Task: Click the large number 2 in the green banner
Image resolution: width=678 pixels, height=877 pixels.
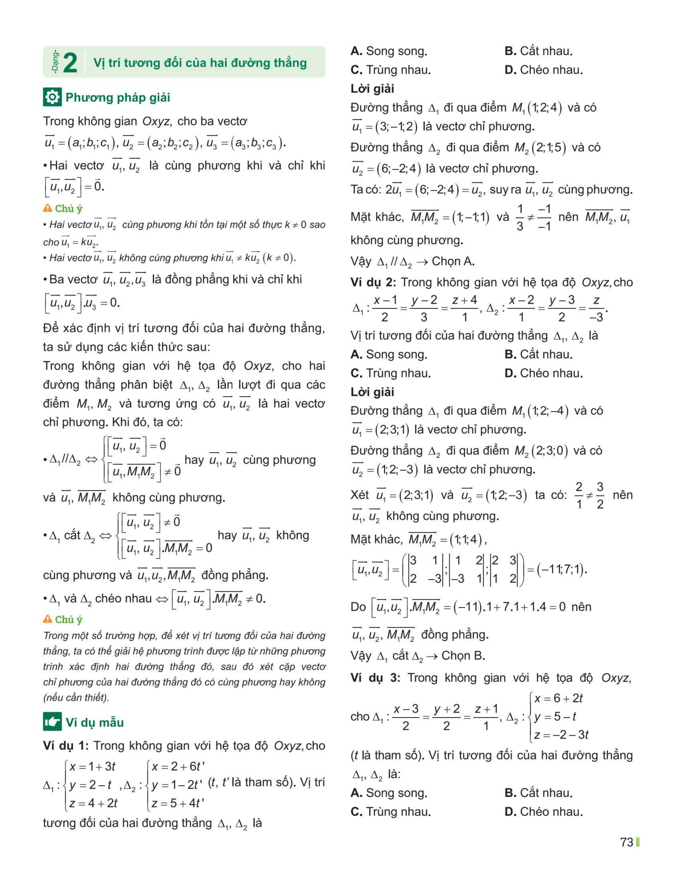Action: [70, 63]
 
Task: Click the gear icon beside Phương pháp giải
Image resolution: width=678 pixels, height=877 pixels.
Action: [52, 97]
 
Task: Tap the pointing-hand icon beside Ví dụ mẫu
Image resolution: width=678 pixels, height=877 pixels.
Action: [52, 722]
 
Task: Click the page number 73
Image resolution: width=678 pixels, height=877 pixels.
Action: [627, 842]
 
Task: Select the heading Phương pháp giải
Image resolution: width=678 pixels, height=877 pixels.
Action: [118, 98]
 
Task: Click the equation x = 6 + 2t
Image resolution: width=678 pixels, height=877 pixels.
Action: [558, 698]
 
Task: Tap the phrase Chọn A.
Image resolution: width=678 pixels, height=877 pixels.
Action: [453, 262]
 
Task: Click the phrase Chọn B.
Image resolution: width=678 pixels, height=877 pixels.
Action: [463, 656]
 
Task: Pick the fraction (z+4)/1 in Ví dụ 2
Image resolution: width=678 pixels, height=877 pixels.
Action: [464, 308]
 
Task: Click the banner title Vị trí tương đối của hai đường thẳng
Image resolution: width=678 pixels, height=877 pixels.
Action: [200, 63]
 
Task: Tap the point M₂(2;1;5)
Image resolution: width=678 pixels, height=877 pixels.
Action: [540, 148]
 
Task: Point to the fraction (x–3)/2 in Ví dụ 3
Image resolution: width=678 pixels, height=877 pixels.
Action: [406, 717]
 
